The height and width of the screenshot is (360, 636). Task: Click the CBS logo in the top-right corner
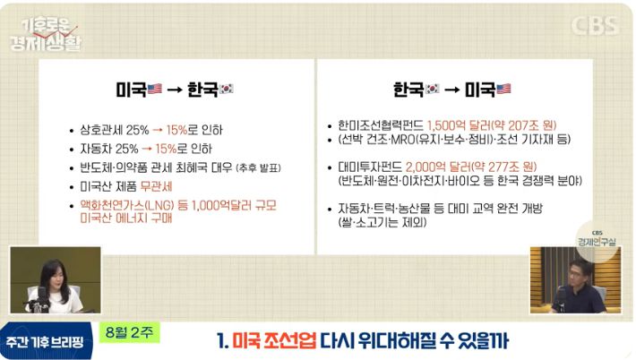pos(596,26)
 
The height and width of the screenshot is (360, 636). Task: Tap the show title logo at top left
pos(47,35)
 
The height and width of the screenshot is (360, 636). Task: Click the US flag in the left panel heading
pos(155,89)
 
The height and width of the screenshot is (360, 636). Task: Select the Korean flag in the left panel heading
pos(227,89)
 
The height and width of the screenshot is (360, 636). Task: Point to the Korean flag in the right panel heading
pos(432,89)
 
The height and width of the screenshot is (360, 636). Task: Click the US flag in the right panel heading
pos(503,89)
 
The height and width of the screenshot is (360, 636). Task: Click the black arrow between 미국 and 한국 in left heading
pos(175,90)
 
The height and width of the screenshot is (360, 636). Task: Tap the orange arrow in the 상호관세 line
pos(158,130)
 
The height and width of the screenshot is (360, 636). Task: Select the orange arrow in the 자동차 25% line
pos(147,149)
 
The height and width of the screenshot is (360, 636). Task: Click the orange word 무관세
pos(156,186)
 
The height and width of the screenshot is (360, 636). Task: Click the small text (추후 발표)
pos(258,167)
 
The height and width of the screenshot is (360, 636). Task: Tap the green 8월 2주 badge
pos(129,333)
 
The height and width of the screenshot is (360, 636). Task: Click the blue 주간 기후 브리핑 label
pos(45,342)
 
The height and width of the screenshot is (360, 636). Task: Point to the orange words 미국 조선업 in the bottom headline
pos(274,341)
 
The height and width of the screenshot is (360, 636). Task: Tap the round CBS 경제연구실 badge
pos(597,240)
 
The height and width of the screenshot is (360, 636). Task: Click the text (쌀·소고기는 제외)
pos(382,223)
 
